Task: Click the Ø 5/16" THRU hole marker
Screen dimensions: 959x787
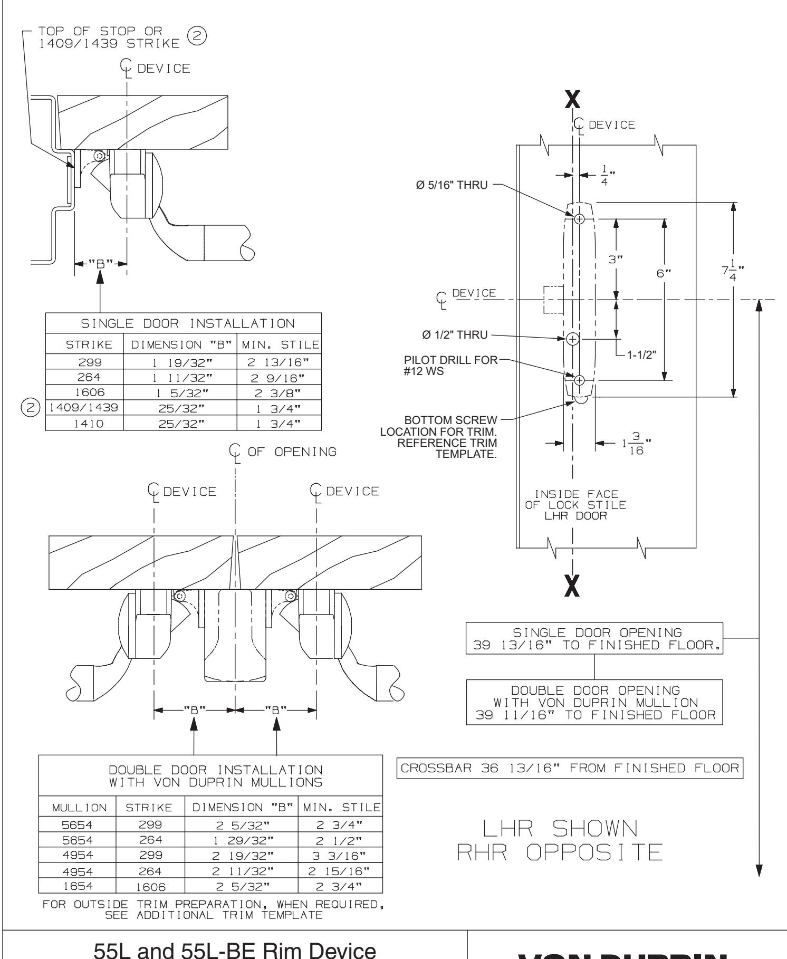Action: point(579,219)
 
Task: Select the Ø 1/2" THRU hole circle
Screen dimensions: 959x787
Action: point(573,338)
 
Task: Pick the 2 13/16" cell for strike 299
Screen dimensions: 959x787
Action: point(279,362)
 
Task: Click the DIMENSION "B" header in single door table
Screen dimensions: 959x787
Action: point(180,345)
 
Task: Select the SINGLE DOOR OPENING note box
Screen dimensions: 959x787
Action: point(595,639)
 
